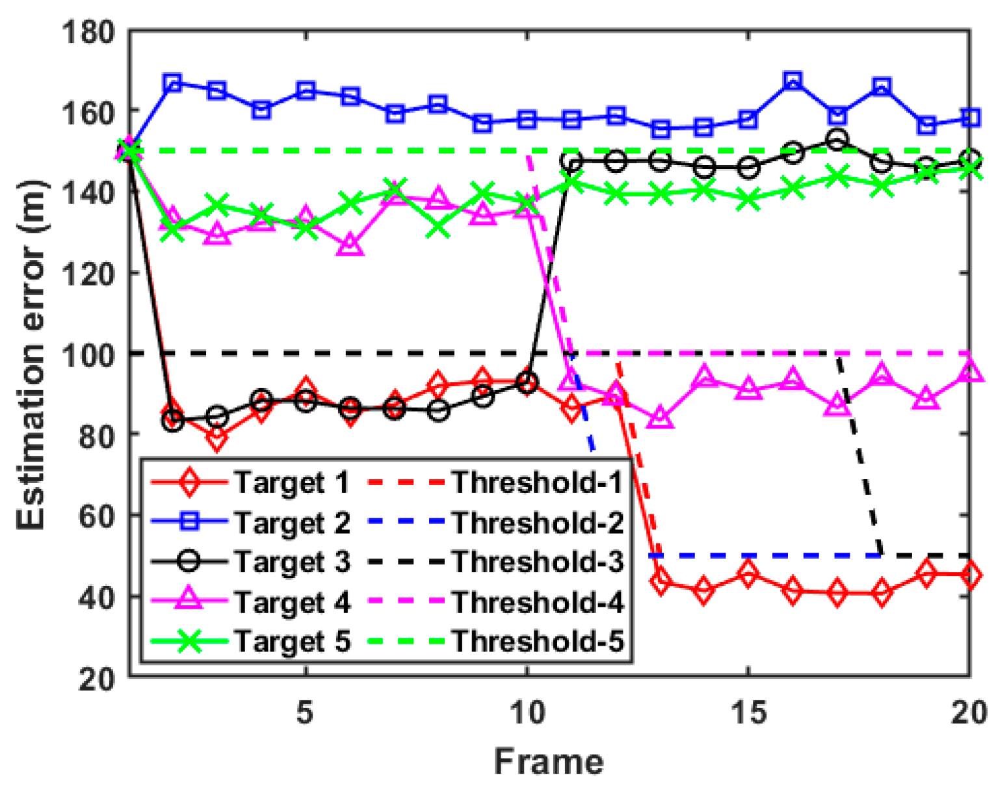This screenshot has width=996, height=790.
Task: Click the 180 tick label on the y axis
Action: [88, 31]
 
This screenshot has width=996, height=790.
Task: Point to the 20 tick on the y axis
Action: [96, 678]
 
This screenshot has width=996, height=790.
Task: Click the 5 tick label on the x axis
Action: [305, 713]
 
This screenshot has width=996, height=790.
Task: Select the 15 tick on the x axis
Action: [748, 713]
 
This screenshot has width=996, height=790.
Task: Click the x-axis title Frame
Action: [549, 761]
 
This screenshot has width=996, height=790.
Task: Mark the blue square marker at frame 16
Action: [792, 81]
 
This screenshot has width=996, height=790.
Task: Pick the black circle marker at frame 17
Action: [837, 140]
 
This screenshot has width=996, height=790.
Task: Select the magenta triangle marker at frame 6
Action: [350, 245]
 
